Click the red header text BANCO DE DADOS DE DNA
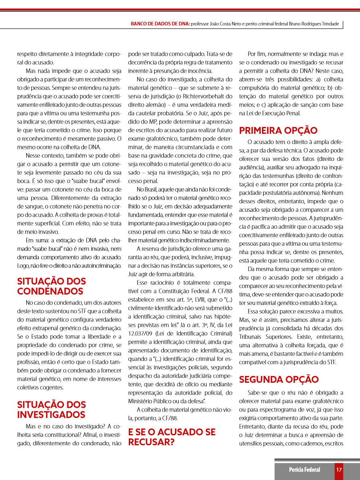[160, 24]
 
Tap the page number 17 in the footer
[339, 469]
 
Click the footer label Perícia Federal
[304, 469]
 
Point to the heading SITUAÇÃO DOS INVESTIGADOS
[51, 409]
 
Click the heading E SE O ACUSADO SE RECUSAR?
[172, 437]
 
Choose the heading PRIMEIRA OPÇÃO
[278, 130]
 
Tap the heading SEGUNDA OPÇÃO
[279, 379]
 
